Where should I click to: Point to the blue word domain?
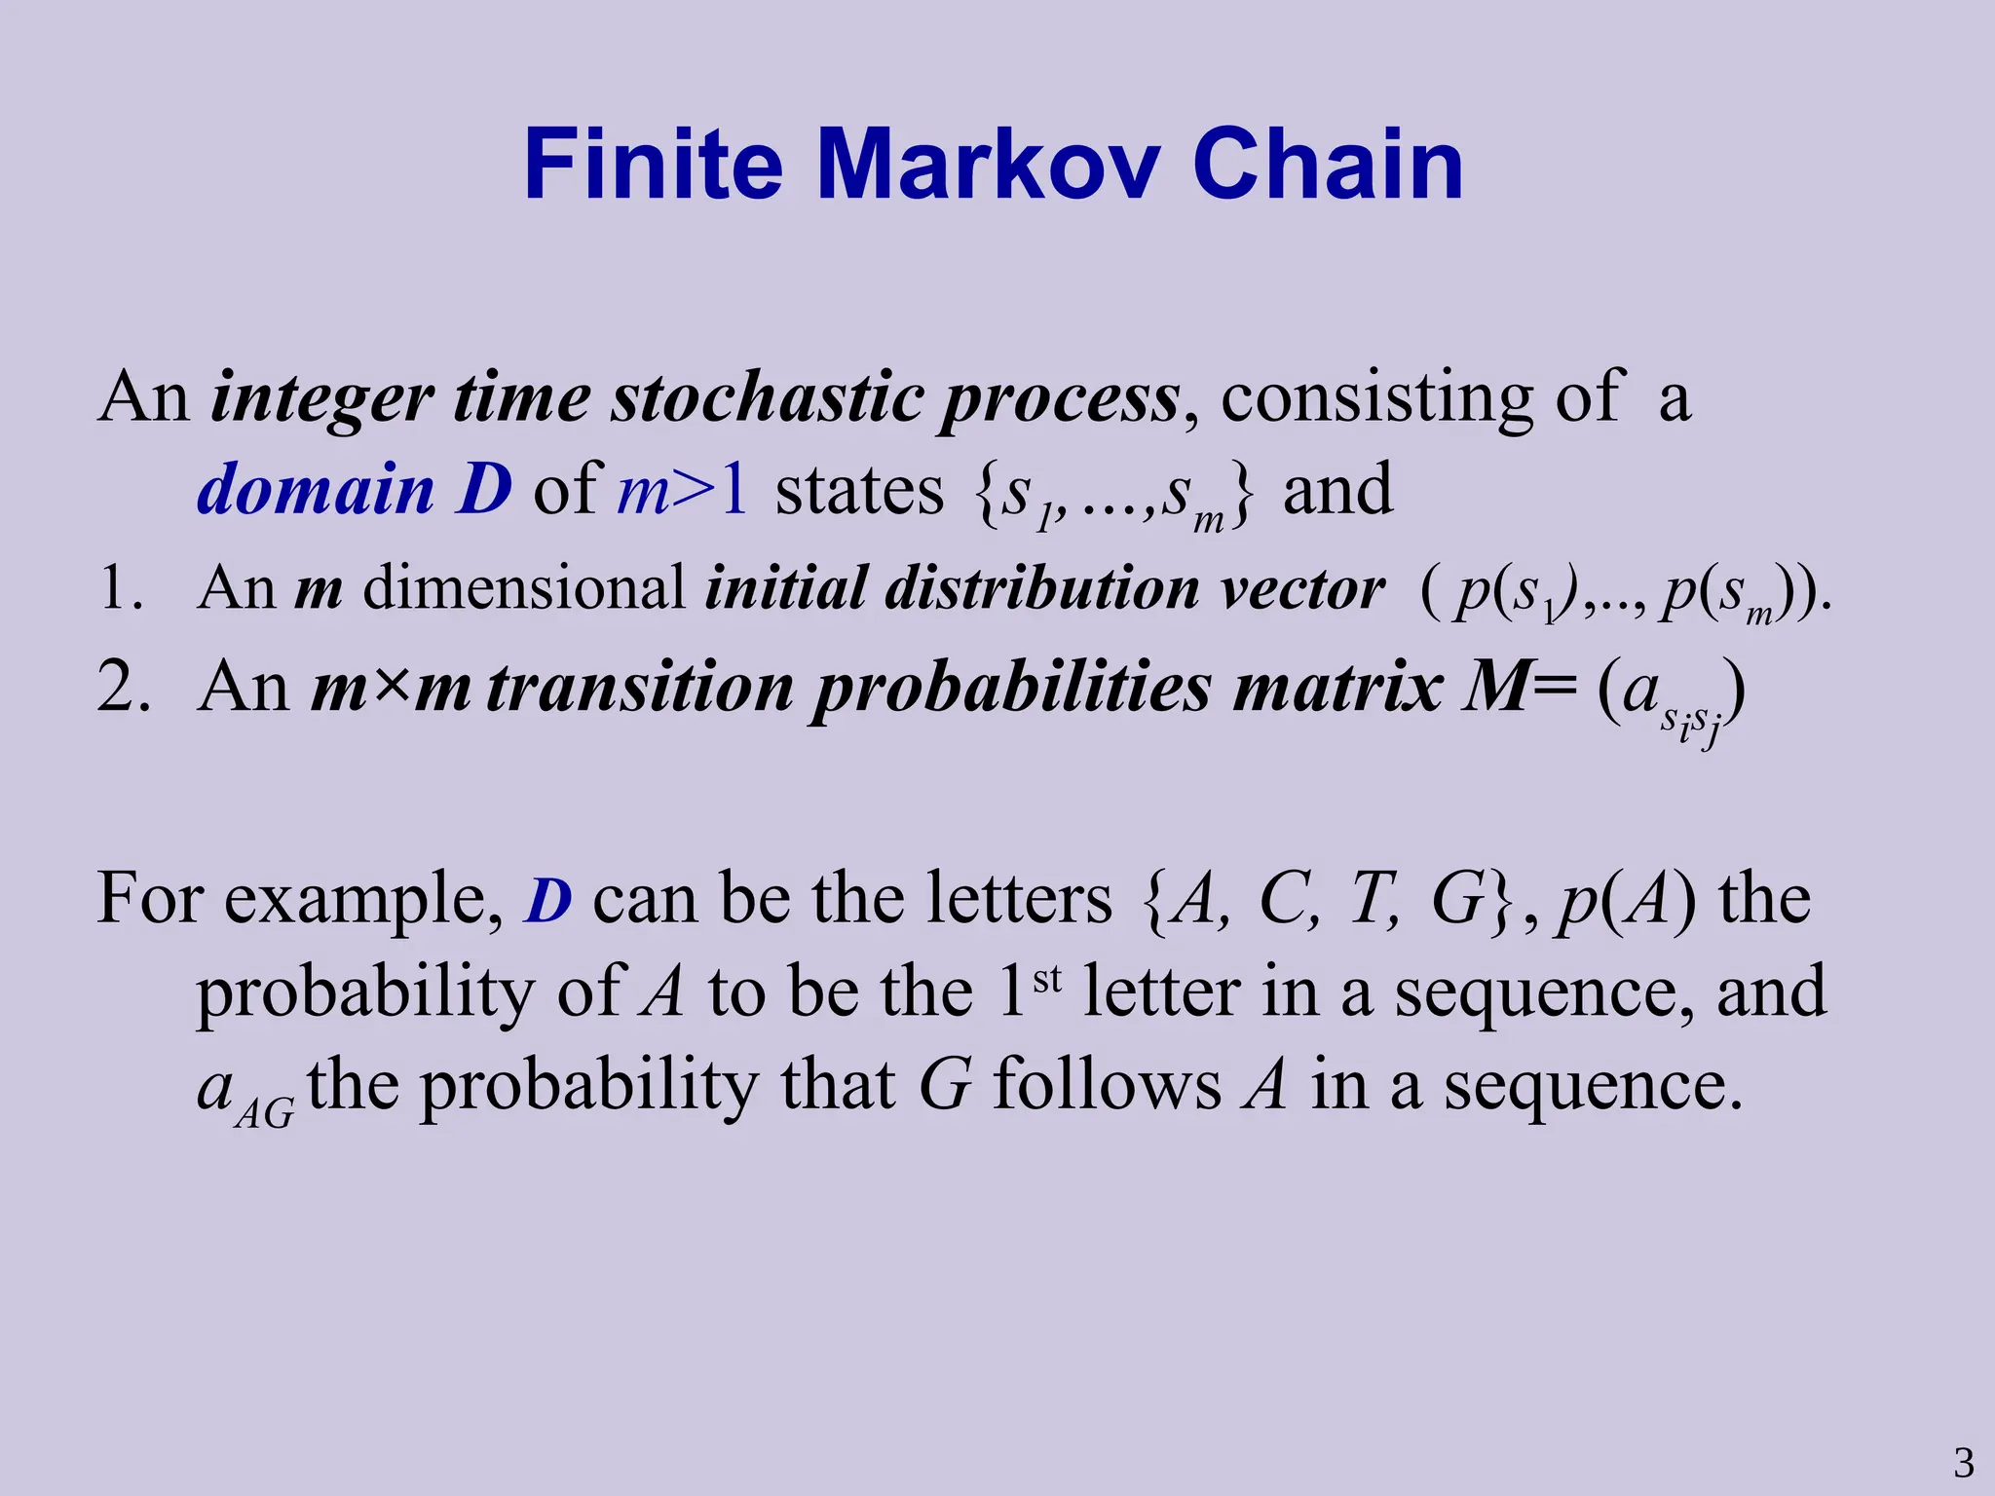tap(315, 489)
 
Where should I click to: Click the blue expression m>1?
tap(683, 489)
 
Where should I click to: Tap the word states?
tap(859, 489)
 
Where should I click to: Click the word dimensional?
tap(524, 588)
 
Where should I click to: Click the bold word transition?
tap(639, 688)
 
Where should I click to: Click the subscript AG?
tap(265, 1111)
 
